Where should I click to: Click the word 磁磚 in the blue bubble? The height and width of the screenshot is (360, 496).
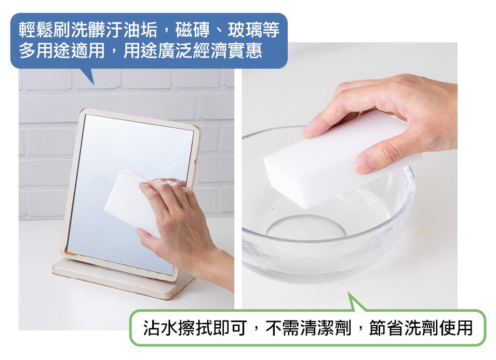[193, 30]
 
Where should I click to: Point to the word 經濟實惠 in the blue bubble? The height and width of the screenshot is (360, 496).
[227, 51]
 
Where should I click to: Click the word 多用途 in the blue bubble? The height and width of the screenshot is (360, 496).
[45, 51]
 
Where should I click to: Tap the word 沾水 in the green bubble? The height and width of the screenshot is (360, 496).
[160, 327]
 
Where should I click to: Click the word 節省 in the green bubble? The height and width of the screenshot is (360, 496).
[386, 327]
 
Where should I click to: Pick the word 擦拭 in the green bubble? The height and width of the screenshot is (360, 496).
[195, 327]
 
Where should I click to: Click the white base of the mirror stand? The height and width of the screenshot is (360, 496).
[124, 278]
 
